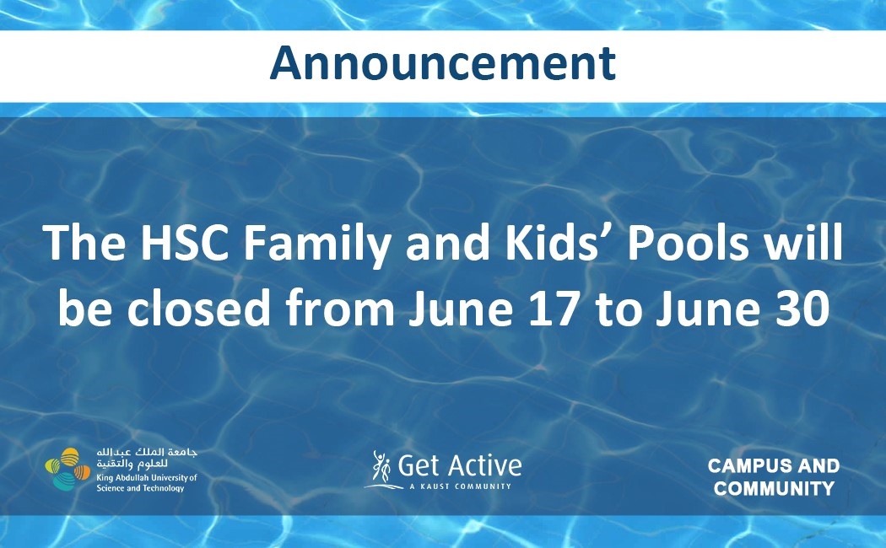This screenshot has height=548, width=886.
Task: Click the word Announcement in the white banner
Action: [x=442, y=62]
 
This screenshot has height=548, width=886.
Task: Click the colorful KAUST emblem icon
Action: [x=68, y=469]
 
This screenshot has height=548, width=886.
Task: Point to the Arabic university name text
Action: [x=147, y=459]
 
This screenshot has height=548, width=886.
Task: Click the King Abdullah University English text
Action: [x=146, y=482]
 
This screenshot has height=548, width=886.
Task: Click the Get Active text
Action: [x=459, y=466]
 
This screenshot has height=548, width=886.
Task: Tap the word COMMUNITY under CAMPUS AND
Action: [x=774, y=488]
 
